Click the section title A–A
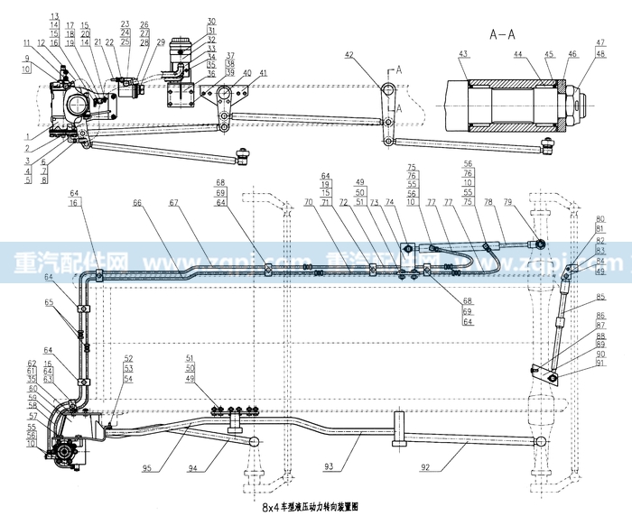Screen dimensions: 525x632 pos(504,35)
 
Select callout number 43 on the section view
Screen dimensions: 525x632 pos(462,55)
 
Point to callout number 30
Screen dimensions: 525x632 pos(210,20)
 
